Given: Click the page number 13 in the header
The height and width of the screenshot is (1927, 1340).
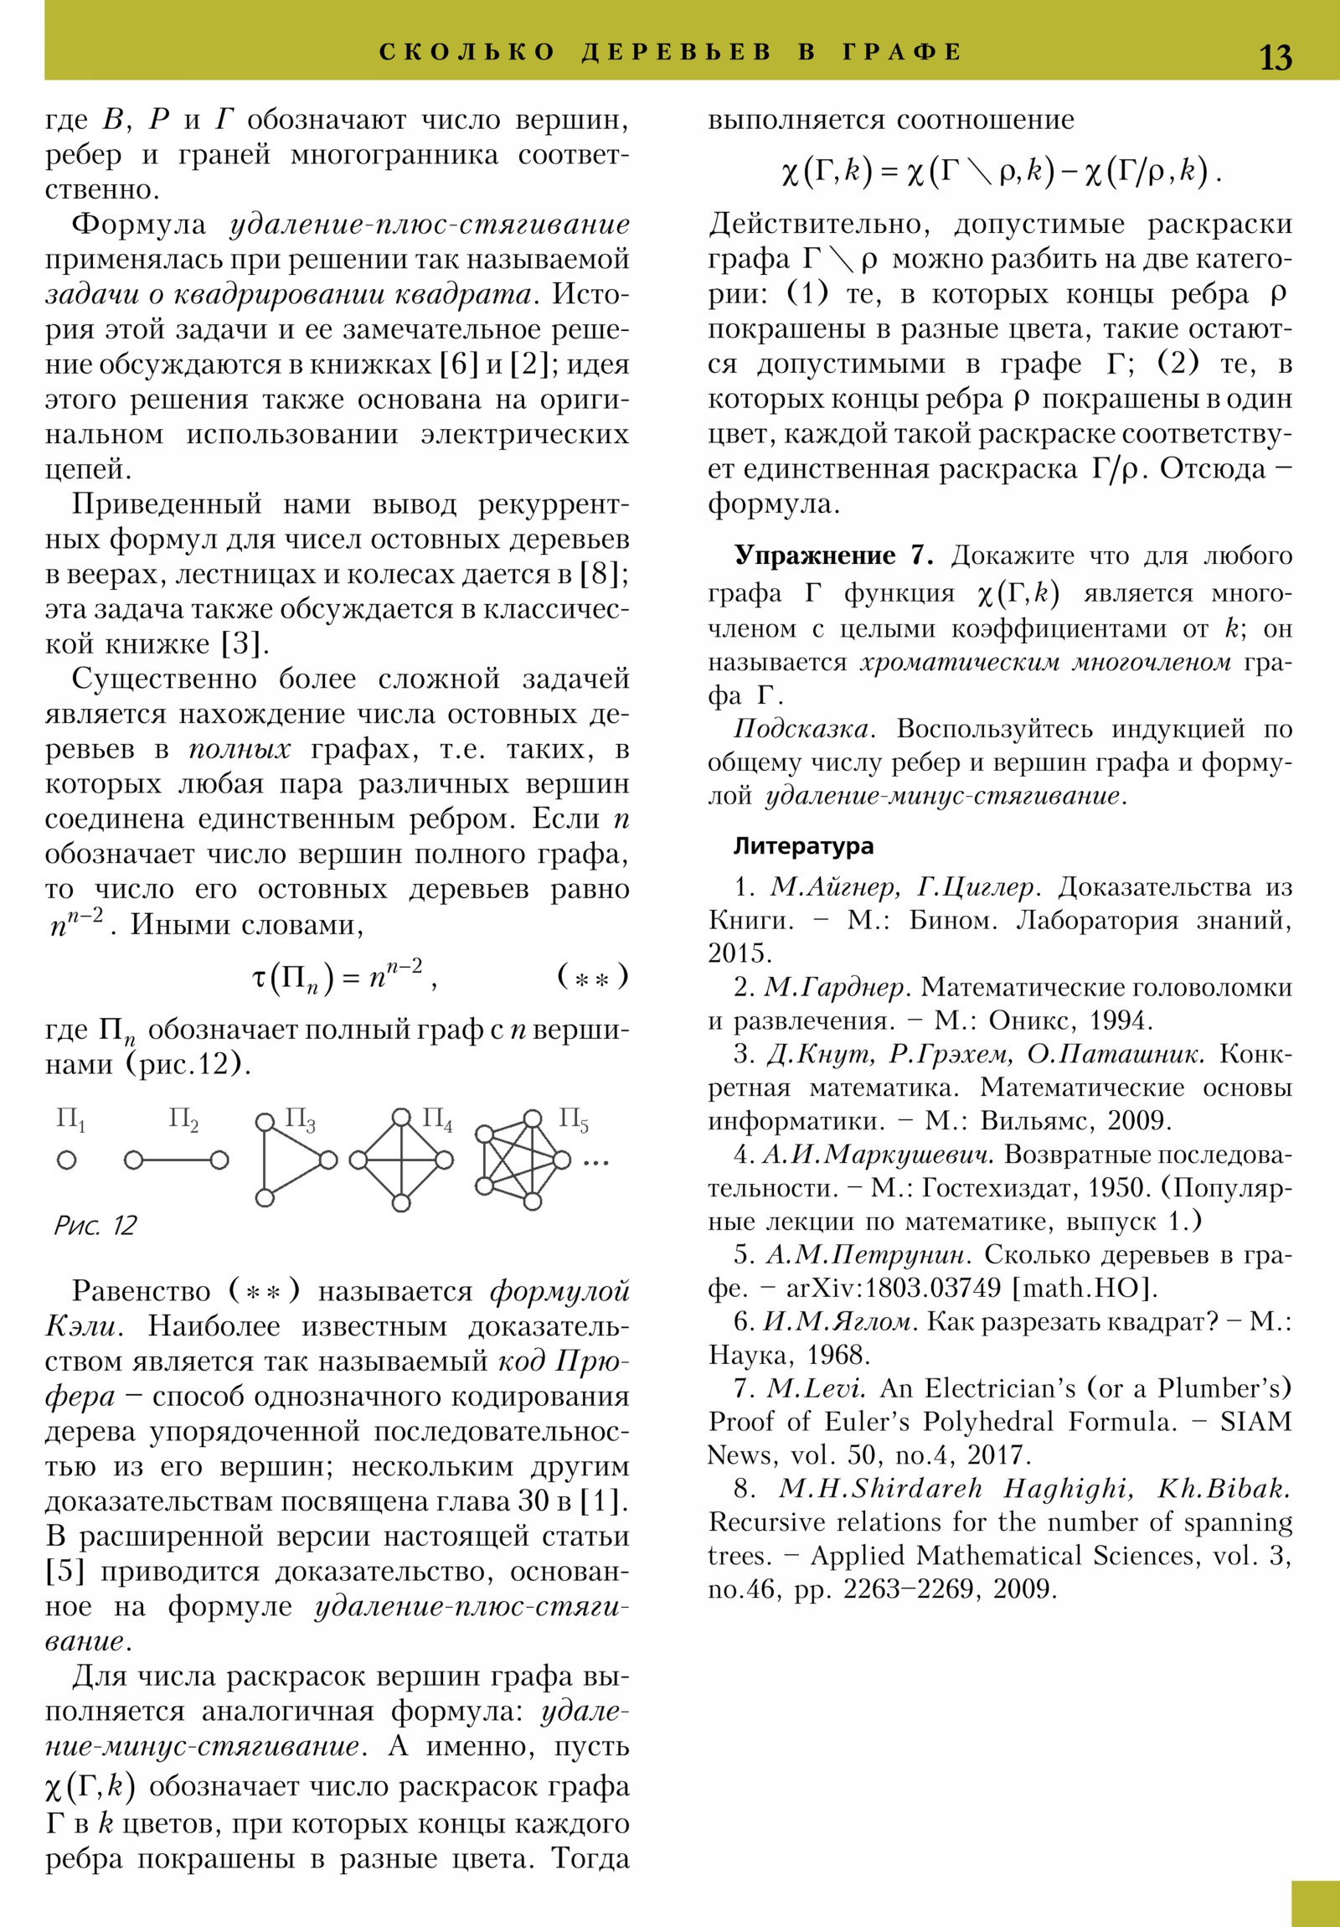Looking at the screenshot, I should pos(1276,58).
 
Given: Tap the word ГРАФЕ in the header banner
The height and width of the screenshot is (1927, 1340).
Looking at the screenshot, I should pos(902,52).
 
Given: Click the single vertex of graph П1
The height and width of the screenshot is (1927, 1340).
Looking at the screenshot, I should pos(66,1160).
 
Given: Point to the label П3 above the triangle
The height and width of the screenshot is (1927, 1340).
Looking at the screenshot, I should pos(300,1119).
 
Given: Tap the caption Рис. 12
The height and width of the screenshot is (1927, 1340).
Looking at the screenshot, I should pos(95,1227).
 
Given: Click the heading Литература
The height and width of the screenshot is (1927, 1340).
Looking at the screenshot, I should pos(803,846).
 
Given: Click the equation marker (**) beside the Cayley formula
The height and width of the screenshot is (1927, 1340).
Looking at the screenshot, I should pos(592,977).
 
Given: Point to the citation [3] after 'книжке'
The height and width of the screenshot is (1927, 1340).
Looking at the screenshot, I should pos(245,643).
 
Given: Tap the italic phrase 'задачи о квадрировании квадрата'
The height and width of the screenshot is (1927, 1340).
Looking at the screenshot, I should pos(288,295).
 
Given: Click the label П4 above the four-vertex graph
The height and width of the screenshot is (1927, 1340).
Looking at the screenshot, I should pos(436,1119).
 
